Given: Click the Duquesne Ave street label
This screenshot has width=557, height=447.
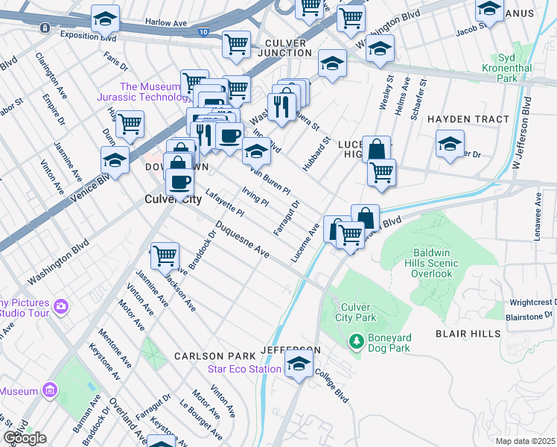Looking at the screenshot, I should (241, 238).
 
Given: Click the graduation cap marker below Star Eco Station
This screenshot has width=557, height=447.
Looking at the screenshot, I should (299, 366).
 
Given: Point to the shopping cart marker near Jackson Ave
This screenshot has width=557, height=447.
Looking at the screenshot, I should (165, 256).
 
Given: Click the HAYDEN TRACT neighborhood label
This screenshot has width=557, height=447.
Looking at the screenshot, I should (468, 119).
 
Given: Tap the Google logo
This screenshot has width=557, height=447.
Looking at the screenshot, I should (24, 437).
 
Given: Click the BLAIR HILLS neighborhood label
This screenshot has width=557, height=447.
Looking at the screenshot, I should (468, 334).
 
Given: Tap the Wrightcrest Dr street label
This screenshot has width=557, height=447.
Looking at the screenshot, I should (532, 303).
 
